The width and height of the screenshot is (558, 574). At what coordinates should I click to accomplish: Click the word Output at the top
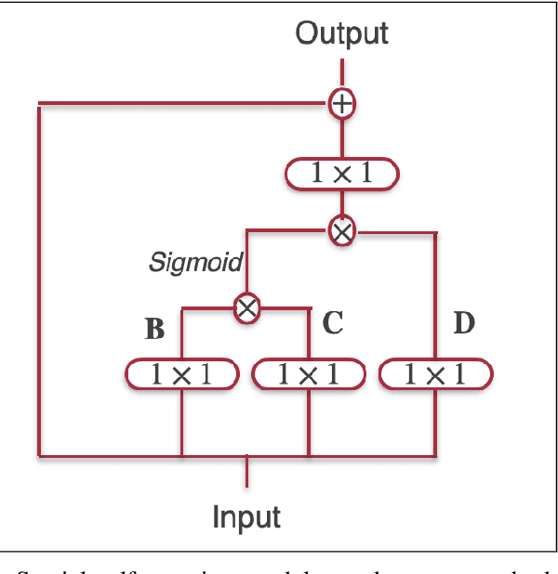[x=341, y=34]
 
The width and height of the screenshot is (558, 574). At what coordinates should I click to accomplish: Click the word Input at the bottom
[x=247, y=515]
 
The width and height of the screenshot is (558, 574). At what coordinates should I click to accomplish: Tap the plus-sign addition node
[x=342, y=104]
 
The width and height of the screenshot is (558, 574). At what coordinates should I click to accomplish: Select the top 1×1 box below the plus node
[x=342, y=174]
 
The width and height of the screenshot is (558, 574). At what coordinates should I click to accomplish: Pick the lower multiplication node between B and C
[x=246, y=307]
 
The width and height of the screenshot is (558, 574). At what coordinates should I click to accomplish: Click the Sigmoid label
[x=195, y=264]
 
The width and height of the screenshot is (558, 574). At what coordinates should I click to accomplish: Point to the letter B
[x=154, y=329]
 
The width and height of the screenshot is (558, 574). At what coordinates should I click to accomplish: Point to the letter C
[x=333, y=323]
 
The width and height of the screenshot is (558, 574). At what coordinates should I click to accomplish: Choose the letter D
[x=463, y=323]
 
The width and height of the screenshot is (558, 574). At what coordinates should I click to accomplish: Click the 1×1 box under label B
[x=181, y=374]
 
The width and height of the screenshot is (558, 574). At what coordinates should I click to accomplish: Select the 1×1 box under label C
[x=309, y=374]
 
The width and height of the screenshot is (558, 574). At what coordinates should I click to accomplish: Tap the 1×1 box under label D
[x=435, y=374]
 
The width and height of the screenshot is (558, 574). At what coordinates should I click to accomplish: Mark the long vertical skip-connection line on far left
[x=39, y=279]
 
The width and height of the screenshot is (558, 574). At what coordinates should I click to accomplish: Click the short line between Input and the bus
[x=247, y=471]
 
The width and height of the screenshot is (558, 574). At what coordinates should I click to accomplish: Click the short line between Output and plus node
[x=342, y=74]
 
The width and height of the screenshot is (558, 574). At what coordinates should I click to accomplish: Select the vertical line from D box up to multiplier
[x=435, y=297]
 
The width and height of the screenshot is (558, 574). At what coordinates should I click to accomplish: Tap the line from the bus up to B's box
[x=181, y=423]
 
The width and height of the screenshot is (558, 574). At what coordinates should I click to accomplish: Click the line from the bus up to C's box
[x=309, y=423]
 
